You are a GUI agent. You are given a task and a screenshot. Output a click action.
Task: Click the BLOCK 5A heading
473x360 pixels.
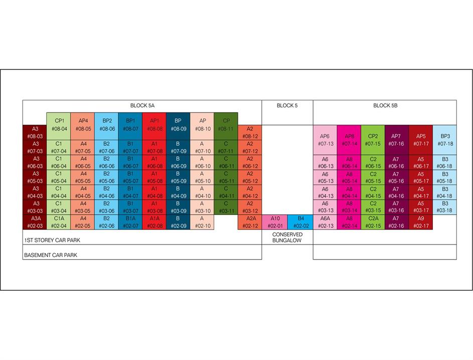click(142, 105)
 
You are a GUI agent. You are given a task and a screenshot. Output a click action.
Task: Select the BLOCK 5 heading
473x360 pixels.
click(287, 105)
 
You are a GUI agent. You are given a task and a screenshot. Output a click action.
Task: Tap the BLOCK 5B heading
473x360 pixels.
click(385, 105)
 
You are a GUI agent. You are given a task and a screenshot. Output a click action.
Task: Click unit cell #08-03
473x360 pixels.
click(35, 133)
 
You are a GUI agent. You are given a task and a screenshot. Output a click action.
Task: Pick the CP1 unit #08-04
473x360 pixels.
click(59, 125)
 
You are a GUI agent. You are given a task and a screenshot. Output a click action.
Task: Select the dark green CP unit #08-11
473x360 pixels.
click(226, 125)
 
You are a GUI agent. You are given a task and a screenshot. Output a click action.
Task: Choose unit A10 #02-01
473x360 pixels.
click(275, 222)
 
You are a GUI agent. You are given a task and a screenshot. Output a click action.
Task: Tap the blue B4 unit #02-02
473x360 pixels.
click(300, 222)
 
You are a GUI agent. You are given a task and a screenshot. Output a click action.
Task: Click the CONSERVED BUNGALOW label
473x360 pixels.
click(287, 237)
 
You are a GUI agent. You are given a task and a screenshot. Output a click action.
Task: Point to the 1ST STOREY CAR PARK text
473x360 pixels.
click(52, 241)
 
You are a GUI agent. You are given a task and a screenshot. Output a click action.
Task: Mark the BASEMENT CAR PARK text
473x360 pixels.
click(51, 255)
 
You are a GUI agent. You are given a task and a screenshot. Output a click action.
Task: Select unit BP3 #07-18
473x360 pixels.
click(445, 140)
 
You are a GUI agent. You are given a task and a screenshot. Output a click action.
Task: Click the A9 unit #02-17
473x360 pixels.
click(421, 222)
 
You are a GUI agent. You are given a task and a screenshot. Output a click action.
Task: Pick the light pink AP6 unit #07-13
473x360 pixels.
click(325, 140)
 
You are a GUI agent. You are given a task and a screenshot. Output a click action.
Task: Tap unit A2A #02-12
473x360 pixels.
click(250, 222)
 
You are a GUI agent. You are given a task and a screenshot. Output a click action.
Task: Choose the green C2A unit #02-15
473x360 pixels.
click(373, 222)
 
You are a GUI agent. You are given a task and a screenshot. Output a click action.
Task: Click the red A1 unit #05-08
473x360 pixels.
click(154, 178)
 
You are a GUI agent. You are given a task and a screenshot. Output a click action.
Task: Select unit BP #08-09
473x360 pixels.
click(178, 125)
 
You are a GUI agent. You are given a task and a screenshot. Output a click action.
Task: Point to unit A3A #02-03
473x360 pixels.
click(35, 222)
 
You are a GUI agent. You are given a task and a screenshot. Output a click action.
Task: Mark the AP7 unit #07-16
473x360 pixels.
click(396, 140)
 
